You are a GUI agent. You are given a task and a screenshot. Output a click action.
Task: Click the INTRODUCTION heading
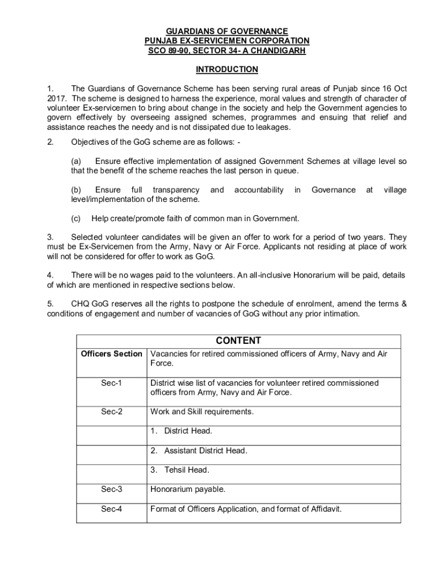226,69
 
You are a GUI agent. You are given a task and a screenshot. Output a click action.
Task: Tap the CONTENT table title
238,340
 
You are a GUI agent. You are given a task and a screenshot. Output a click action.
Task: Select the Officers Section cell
112,354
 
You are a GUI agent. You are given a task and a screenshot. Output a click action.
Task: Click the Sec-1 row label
112,383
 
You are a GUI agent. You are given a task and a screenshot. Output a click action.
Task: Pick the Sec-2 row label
112,411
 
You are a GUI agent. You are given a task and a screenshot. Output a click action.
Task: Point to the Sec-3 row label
112,489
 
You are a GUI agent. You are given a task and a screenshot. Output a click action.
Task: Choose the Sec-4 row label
112,509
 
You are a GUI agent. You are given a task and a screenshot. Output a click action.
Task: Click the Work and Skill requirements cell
202,411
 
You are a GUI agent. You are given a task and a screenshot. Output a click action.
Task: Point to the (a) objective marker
76,161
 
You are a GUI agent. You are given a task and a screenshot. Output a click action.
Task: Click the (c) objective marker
76,218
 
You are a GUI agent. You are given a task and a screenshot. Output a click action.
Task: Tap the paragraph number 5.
50,304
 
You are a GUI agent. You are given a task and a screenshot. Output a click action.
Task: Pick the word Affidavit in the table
323,509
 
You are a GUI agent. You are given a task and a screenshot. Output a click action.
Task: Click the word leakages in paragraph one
272,127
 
